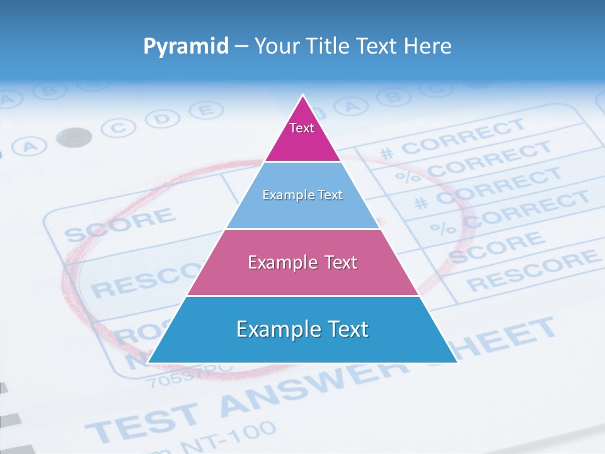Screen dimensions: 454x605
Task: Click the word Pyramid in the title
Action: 185,46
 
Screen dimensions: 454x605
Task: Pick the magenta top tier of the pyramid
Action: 302,136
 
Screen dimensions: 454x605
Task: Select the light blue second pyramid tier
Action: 302,195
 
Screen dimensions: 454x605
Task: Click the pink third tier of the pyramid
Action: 302,262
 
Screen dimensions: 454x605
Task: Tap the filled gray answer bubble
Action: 74,137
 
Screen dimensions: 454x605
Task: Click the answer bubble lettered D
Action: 163,119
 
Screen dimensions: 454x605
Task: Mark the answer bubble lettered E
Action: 202,110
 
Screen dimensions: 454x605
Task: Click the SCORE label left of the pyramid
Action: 120,224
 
